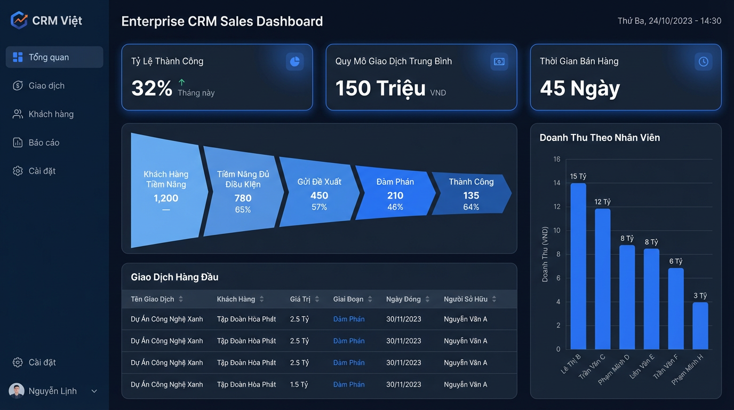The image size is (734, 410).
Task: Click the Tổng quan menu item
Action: (x=54, y=57)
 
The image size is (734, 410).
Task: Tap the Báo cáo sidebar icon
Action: (x=18, y=143)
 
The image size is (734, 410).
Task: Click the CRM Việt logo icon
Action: (x=19, y=20)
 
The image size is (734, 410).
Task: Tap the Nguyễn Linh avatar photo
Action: (x=17, y=391)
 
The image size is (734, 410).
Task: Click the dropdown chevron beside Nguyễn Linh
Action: (x=94, y=391)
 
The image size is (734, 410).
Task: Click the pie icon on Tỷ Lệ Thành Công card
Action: (x=294, y=61)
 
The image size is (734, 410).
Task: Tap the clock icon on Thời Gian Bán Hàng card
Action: (x=703, y=61)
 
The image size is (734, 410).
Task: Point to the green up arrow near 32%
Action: (x=181, y=82)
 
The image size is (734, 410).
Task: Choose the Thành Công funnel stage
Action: (x=471, y=193)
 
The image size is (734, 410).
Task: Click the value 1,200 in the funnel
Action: (x=166, y=198)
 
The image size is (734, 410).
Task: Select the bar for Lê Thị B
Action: (x=578, y=266)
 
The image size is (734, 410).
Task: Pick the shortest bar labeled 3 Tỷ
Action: (x=700, y=326)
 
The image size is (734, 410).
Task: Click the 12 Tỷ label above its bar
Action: (x=603, y=202)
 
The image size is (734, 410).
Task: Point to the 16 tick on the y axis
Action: (x=557, y=159)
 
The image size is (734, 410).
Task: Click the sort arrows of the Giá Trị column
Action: (x=317, y=299)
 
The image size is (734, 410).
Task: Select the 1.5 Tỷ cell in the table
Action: (x=299, y=384)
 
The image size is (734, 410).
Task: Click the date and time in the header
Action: (x=669, y=21)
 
